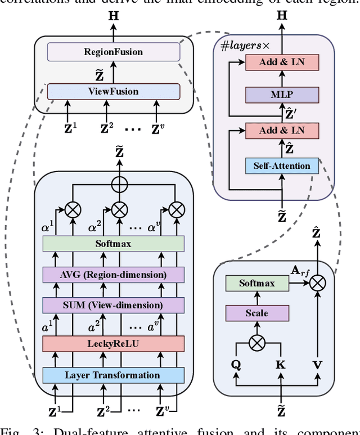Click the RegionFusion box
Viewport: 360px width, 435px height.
(x=114, y=52)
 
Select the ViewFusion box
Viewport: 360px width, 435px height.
(x=114, y=91)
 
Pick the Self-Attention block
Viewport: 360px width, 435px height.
(x=282, y=166)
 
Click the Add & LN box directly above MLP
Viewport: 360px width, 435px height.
(x=282, y=62)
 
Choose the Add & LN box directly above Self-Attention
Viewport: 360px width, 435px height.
(x=282, y=132)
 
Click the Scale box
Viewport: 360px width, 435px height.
(x=256, y=313)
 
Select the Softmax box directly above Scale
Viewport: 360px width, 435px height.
(x=256, y=284)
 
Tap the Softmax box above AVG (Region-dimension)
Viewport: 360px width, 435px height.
(x=114, y=243)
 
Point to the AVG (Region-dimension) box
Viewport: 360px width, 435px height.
(x=114, y=275)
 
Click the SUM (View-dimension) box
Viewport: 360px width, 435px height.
(x=114, y=306)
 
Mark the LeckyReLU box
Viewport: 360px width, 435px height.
(x=114, y=344)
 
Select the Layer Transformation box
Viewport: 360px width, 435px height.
(x=114, y=375)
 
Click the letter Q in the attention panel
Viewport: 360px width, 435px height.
(x=236, y=365)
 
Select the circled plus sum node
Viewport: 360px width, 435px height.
(x=119, y=183)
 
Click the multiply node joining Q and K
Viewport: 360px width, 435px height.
(x=256, y=342)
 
